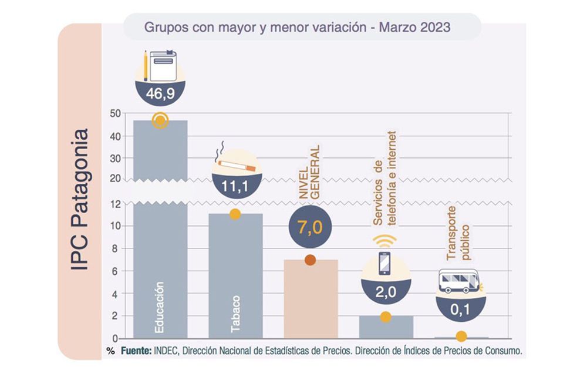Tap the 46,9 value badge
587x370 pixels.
[x=160, y=92]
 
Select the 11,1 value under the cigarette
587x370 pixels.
[x=235, y=187]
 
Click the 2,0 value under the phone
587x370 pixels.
[x=385, y=292]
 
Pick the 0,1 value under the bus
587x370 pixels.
[x=461, y=308]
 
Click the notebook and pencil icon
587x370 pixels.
[x=160, y=65]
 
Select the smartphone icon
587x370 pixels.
[x=385, y=263]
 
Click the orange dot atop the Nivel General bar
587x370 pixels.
[x=310, y=260]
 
